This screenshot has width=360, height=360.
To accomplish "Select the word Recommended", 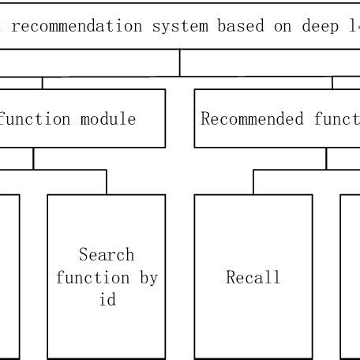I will tap(241, 119).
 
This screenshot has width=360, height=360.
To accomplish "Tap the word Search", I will tap(107, 255).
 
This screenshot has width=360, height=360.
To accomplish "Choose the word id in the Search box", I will tap(107, 301).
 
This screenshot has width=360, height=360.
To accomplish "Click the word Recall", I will tap(253, 278).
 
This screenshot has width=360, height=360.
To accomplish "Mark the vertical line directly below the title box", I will tap(180, 63).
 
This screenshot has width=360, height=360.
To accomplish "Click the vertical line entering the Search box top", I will tap(107, 182).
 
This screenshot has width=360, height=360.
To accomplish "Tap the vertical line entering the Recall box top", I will tap(253, 182).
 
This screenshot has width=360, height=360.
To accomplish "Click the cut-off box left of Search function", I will tap(8, 276).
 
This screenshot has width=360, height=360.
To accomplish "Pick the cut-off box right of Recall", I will tap(351, 276).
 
